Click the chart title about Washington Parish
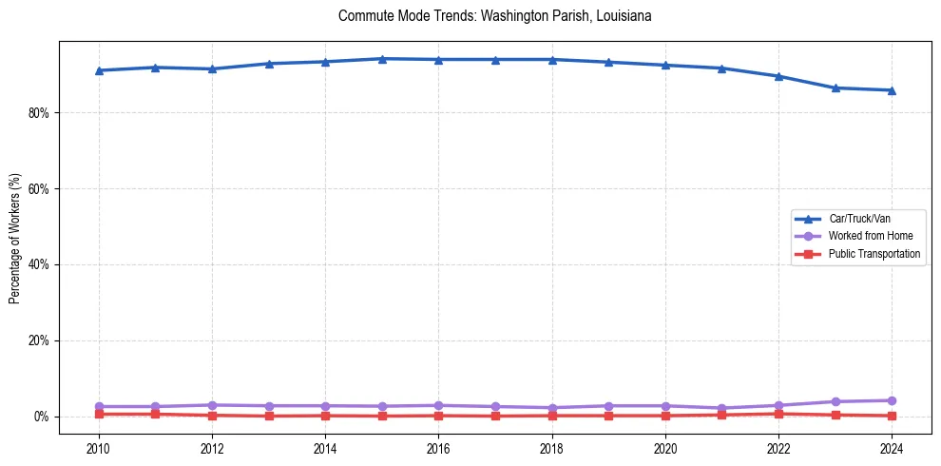494,16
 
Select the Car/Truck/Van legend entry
859,219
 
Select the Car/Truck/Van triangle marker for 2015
382,59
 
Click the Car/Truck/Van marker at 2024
892,90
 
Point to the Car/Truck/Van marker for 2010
98,70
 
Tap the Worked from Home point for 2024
892,400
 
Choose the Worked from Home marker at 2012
212,405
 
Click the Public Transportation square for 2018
552,416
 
